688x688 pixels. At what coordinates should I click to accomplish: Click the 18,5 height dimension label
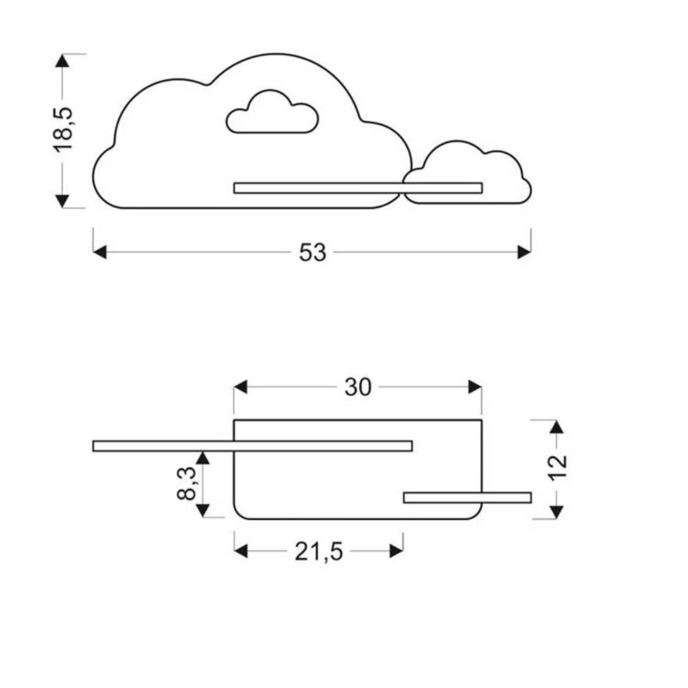coord(63,130)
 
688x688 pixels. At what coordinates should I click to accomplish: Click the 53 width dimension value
coord(312,252)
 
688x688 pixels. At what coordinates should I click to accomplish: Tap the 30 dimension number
coord(358,387)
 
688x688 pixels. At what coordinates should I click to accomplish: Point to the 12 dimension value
coord(558,469)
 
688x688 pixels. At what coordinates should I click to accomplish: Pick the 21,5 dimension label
coord(319,551)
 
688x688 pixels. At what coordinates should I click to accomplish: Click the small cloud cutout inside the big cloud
coord(272,114)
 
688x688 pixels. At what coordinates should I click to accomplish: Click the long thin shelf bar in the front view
coord(358,188)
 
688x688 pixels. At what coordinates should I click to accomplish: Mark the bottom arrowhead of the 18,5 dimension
coord(63,200)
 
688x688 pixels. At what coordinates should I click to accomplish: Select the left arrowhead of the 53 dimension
coord(100,252)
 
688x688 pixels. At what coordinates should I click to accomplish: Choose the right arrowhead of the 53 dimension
coord(524,252)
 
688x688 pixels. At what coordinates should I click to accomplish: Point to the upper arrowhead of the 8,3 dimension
coord(202,458)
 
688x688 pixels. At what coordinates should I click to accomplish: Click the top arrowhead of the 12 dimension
coord(557,427)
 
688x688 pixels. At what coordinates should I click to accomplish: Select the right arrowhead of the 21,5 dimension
coord(396,550)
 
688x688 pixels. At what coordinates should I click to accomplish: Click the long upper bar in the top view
coord(252,446)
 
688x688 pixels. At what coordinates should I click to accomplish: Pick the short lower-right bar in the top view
coord(467,497)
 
